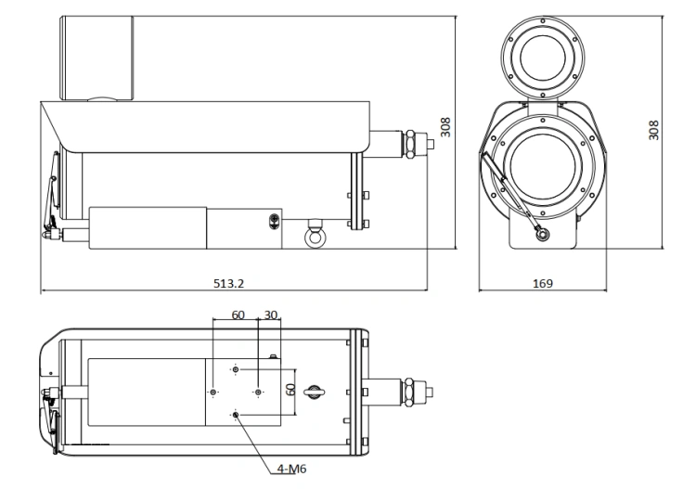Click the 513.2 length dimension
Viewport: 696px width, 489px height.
pyautogui.click(x=228, y=283)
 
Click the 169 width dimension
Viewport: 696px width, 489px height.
pyautogui.click(x=543, y=283)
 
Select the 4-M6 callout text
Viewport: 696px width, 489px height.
pyautogui.click(x=291, y=469)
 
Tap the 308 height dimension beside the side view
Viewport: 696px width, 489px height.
pyautogui.click(x=445, y=127)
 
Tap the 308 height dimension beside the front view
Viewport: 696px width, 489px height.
pyautogui.click(x=653, y=131)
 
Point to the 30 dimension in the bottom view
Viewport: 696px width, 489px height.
pyautogui.click(x=271, y=315)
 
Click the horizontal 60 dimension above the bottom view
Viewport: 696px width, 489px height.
pyautogui.click(x=238, y=315)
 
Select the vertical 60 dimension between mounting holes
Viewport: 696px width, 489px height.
pyautogui.click(x=290, y=390)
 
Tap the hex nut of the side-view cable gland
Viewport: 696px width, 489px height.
pyautogui.click(x=409, y=144)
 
